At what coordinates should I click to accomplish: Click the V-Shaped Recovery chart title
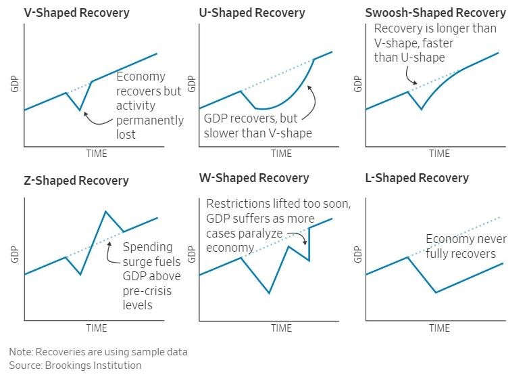point(67,13)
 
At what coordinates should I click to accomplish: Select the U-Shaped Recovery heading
point(252,13)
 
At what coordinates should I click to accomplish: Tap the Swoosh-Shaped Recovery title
point(435,13)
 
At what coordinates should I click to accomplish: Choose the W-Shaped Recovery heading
point(254,178)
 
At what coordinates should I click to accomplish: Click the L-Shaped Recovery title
point(417,178)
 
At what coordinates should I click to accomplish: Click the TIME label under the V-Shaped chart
point(96,154)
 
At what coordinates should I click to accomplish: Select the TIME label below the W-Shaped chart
point(281,328)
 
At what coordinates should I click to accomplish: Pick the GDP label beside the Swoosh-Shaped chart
point(358,82)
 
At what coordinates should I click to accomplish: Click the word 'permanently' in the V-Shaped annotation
point(150,120)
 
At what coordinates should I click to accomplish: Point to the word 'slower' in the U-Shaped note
point(222,133)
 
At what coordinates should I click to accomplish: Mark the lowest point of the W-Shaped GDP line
point(269,293)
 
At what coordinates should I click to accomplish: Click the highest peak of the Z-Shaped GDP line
point(105,211)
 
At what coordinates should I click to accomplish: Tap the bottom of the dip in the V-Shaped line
point(80,110)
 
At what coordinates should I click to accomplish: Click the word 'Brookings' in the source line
point(71,365)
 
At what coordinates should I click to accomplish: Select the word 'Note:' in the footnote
point(22,352)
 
